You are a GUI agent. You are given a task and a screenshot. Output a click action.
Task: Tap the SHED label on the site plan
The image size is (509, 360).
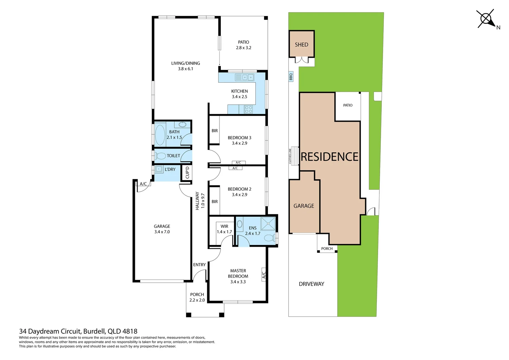point(301,45)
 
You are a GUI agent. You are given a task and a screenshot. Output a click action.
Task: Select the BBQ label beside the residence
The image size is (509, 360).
point(291,77)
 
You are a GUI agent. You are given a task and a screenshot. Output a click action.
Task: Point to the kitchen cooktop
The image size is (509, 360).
point(248,109)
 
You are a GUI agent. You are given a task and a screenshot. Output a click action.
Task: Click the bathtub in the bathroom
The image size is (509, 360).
point(160,135)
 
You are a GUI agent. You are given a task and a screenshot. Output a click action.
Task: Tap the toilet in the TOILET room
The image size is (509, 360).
point(161,156)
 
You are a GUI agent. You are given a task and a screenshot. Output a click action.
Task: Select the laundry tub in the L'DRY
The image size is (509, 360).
point(159,169)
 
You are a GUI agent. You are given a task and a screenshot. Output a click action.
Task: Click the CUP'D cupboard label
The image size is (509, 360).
point(187,173)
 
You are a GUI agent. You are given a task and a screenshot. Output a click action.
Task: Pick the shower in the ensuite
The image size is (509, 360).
point(268,224)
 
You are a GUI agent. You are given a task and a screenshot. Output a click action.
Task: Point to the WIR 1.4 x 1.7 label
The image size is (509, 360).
point(224,229)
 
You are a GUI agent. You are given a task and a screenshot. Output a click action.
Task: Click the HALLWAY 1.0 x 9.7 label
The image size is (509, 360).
point(200,201)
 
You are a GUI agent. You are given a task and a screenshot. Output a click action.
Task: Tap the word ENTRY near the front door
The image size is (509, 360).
point(200,265)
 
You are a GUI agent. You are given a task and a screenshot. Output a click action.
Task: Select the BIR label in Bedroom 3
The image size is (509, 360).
point(215,131)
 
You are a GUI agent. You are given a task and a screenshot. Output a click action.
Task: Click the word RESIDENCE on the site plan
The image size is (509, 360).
point(329,157)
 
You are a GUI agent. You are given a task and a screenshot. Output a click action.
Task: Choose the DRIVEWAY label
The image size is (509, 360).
point(311,284)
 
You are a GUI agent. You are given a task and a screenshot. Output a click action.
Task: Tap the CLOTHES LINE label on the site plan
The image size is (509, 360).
point(290,156)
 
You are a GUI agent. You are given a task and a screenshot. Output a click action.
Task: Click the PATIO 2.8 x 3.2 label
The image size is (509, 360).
point(244,45)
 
